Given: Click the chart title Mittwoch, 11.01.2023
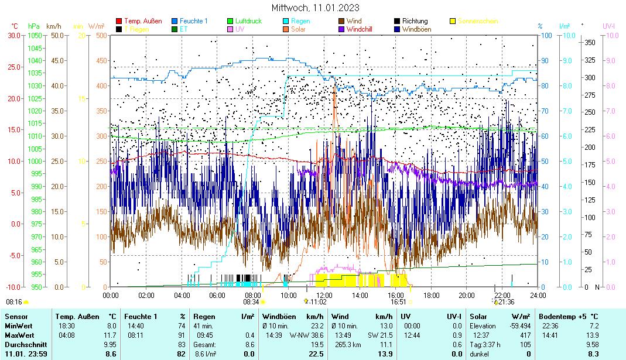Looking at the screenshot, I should click(316, 8).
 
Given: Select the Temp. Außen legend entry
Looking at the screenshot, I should click(143, 21).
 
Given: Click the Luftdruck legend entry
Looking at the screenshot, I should click(248, 21).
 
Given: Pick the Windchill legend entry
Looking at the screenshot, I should click(363, 29).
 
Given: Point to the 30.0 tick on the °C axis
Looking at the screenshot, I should click(13, 35).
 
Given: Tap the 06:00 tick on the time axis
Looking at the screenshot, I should click(217, 294).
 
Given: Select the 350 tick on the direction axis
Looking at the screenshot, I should click(590, 42).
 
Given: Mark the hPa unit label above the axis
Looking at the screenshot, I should click(34, 26).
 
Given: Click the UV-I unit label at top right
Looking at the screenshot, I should click(609, 26).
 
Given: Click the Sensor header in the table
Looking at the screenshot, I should click(15, 316).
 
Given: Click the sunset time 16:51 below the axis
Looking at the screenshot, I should click(398, 302).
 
